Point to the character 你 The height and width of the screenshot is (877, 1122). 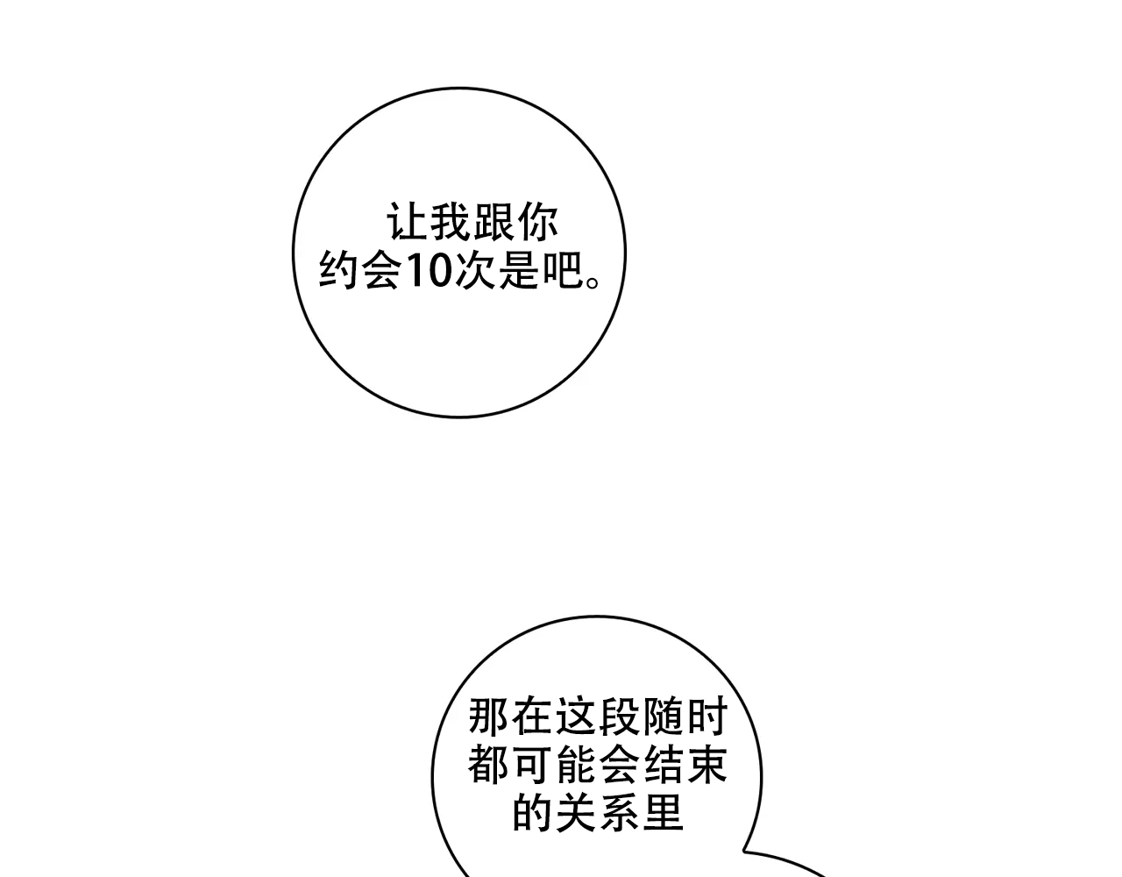tap(537, 222)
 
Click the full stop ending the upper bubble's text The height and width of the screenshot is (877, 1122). tap(593, 282)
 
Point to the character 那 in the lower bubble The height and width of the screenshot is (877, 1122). tap(489, 716)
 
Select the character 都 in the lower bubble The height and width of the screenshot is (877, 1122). tap(489, 765)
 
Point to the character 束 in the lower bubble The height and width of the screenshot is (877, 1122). tap(707, 765)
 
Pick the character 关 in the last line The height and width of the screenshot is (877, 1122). tap(577, 813)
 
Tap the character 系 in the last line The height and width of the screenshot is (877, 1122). tap(620, 813)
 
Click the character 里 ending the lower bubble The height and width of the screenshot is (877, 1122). tap(664, 813)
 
